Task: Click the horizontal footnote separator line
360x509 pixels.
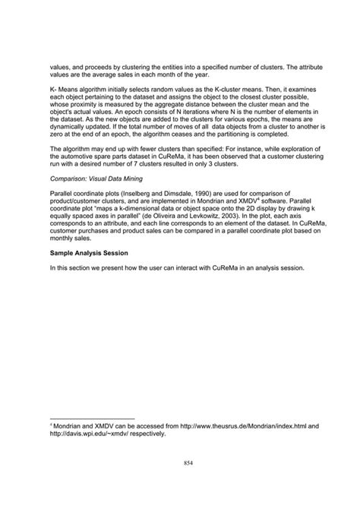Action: pos(90,418)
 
